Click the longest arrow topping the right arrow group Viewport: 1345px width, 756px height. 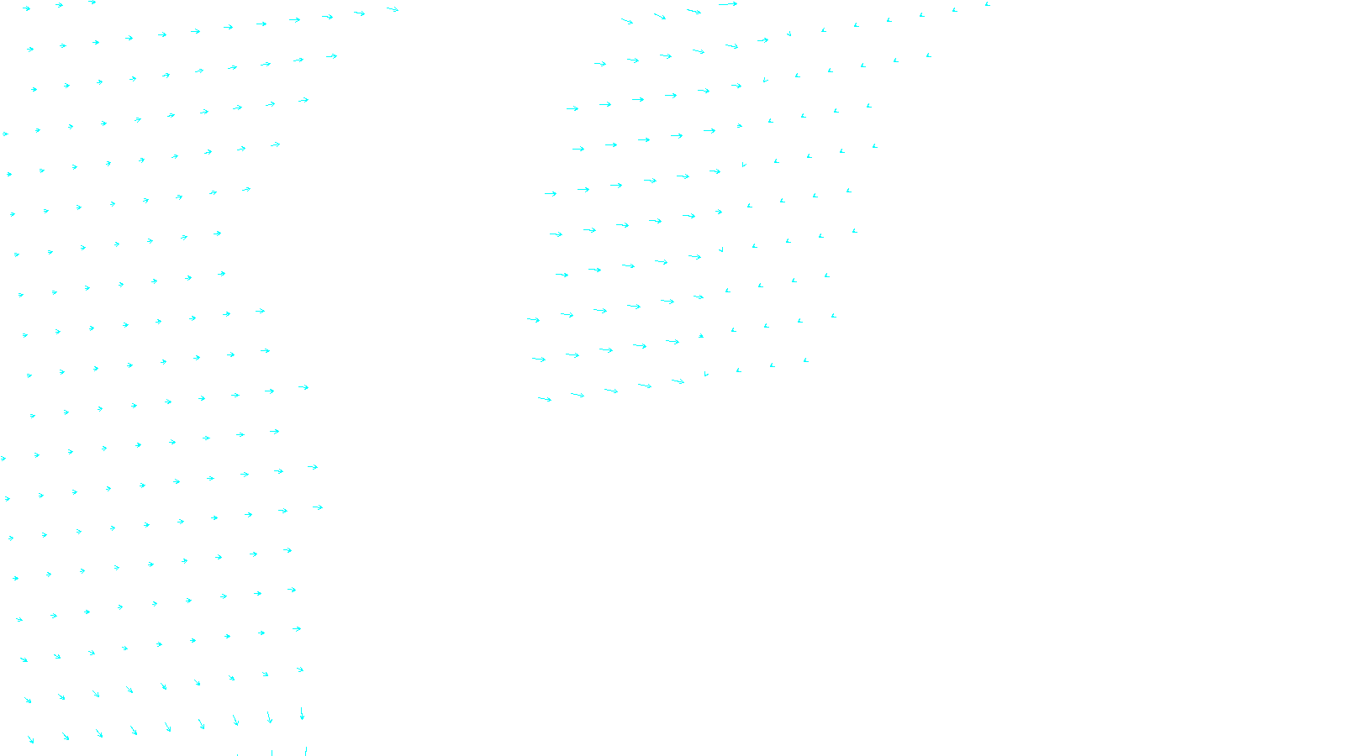coord(728,4)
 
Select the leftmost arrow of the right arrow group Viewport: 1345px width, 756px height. coord(533,319)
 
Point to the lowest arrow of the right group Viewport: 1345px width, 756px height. coord(545,399)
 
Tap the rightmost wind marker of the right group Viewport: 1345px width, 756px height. coord(988,4)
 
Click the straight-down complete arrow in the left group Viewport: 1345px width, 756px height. coord(302,713)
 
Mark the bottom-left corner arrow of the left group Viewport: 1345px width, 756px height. coord(30,739)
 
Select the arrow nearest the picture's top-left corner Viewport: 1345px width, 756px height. coord(26,8)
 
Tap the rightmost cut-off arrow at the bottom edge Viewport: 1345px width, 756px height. coord(305,750)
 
